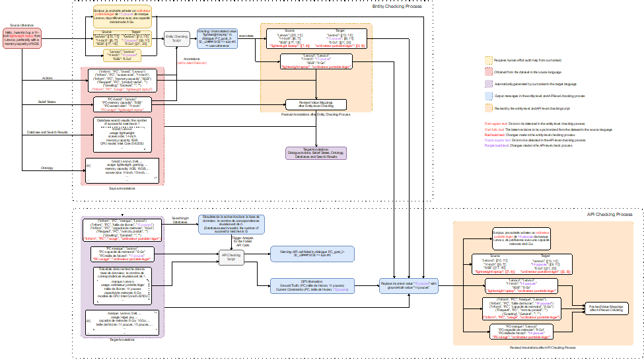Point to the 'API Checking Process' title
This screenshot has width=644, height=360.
pos(609,215)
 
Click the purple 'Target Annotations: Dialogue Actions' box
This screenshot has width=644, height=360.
pos(315,153)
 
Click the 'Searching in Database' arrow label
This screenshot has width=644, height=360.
pos(180,219)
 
